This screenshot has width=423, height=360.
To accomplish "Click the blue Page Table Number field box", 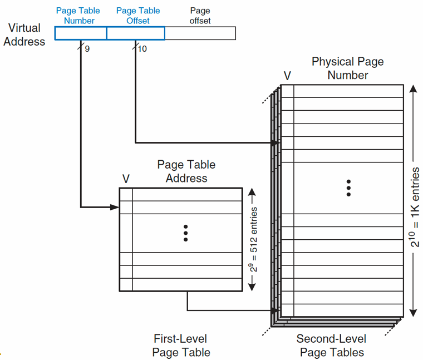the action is tap(81, 33).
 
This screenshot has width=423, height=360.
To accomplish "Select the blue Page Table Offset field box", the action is tap(136, 33).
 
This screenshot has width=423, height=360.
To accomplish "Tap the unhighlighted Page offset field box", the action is tap(200, 33).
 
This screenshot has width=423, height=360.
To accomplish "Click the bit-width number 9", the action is tap(87, 49).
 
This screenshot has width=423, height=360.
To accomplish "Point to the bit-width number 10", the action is tap(142, 49).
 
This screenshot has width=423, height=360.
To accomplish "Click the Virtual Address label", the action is tap(24, 35).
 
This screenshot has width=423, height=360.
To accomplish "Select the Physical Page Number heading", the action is tap(348, 68).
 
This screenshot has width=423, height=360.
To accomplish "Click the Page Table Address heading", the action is tap(186, 171).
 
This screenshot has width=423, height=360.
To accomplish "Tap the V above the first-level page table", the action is tap(126, 179).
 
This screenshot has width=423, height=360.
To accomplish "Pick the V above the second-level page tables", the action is tap(287, 76).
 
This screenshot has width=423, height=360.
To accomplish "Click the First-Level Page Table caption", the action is tap(181, 346).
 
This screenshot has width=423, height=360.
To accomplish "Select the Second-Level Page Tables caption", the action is tap(332, 346).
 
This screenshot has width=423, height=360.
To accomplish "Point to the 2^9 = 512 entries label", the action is tap(253, 239).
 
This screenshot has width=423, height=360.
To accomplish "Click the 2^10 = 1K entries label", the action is tap(414, 207).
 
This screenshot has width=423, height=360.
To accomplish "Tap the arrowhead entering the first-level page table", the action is tap(115, 207).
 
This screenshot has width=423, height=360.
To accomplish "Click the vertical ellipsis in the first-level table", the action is tap(185, 233).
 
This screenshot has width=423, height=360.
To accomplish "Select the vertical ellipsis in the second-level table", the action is tap(348, 188).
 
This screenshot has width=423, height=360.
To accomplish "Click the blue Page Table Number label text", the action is tap(78, 16).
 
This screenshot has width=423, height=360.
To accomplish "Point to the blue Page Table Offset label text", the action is tap(138, 16).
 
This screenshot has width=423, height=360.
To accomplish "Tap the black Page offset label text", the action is tap(200, 16).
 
